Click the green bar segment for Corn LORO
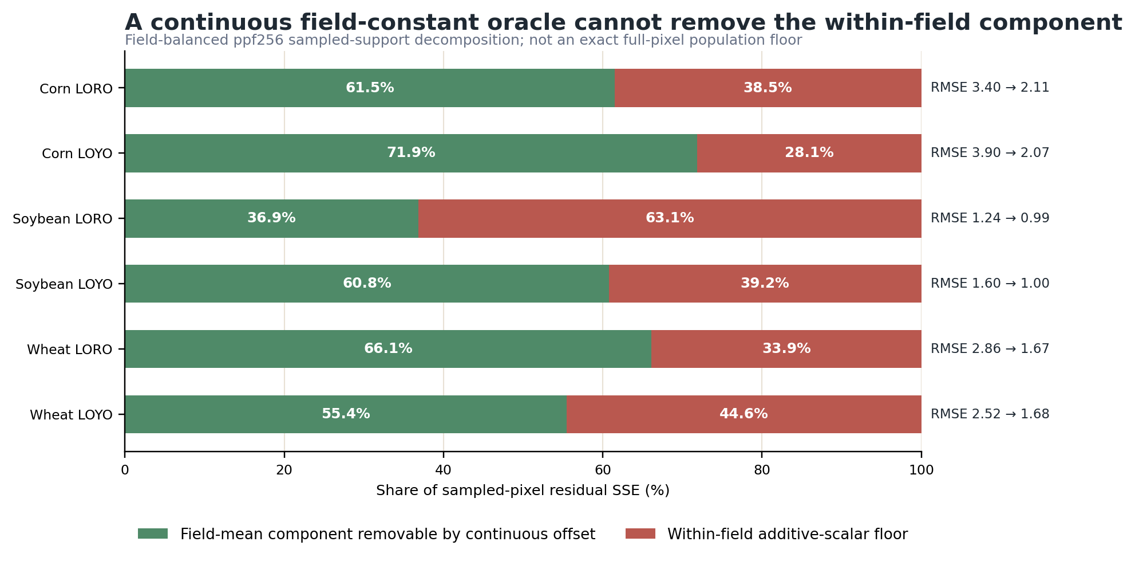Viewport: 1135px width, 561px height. [x=370, y=88]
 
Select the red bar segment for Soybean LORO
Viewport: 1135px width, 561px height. [x=670, y=218]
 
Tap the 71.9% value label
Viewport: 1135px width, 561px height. [x=411, y=153]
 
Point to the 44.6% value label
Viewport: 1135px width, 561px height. [x=744, y=414]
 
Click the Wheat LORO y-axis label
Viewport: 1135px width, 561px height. [x=70, y=350]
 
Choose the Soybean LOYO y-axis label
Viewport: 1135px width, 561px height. [x=64, y=284]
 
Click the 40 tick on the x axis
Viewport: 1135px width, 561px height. [x=443, y=470]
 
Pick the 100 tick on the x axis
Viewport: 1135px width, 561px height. [x=922, y=470]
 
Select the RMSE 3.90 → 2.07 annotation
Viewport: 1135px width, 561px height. [x=990, y=153]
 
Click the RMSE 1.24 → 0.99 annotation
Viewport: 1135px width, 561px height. [x=990, y=218]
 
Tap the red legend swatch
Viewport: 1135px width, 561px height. [x=640, y=534]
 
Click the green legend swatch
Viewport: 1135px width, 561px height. [x=153, y=534]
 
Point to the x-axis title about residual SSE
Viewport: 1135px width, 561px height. [x=523, y=491]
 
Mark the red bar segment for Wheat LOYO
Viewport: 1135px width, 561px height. [x=744, y=414]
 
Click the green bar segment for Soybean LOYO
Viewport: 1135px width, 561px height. [x=367, y=284]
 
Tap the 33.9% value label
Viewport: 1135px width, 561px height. [x=786, y=349]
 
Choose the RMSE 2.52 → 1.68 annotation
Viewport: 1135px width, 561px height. [x=990, y=414]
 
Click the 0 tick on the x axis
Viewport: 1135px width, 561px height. [x=125, y=470]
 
